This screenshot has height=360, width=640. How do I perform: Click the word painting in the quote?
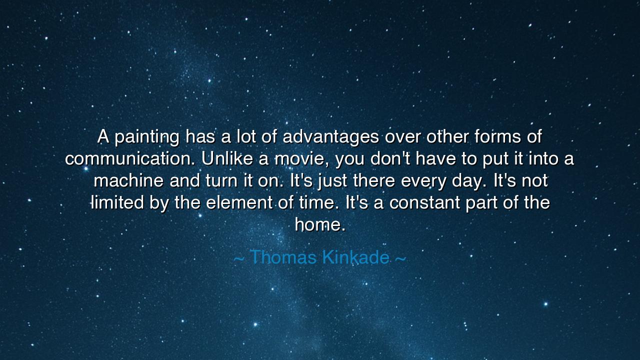tap(147, 137)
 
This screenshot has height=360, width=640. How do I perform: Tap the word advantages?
tap(330, 137)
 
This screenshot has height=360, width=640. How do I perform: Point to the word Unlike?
tap(227, 159)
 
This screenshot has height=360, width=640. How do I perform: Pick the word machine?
tap(128, 181)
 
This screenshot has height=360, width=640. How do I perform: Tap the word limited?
tap(117, 202)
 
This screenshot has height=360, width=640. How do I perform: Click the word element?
tap(239, 203)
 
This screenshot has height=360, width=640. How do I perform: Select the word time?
tap(317, 203)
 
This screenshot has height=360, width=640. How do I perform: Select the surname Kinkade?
tap(355, 257)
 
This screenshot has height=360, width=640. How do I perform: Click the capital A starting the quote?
tap(103, 136)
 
